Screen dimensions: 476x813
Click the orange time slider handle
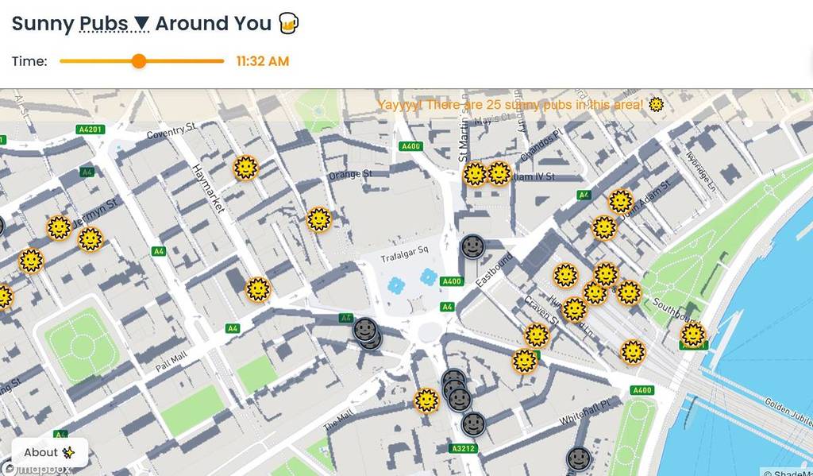(139, 61)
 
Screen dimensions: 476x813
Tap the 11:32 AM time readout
(263, 61)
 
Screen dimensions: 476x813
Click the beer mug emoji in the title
(288, 24)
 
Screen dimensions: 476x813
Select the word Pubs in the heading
(104, 24)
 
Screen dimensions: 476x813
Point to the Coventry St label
(171, 130)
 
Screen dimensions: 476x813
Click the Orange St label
(350, 174)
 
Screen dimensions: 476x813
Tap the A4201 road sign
(90, 130)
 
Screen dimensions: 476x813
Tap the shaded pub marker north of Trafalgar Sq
(472, 246)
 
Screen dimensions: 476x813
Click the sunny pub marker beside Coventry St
(246, 168)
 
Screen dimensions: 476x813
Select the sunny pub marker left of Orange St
(318, 219)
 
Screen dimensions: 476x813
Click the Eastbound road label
(495, 271)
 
